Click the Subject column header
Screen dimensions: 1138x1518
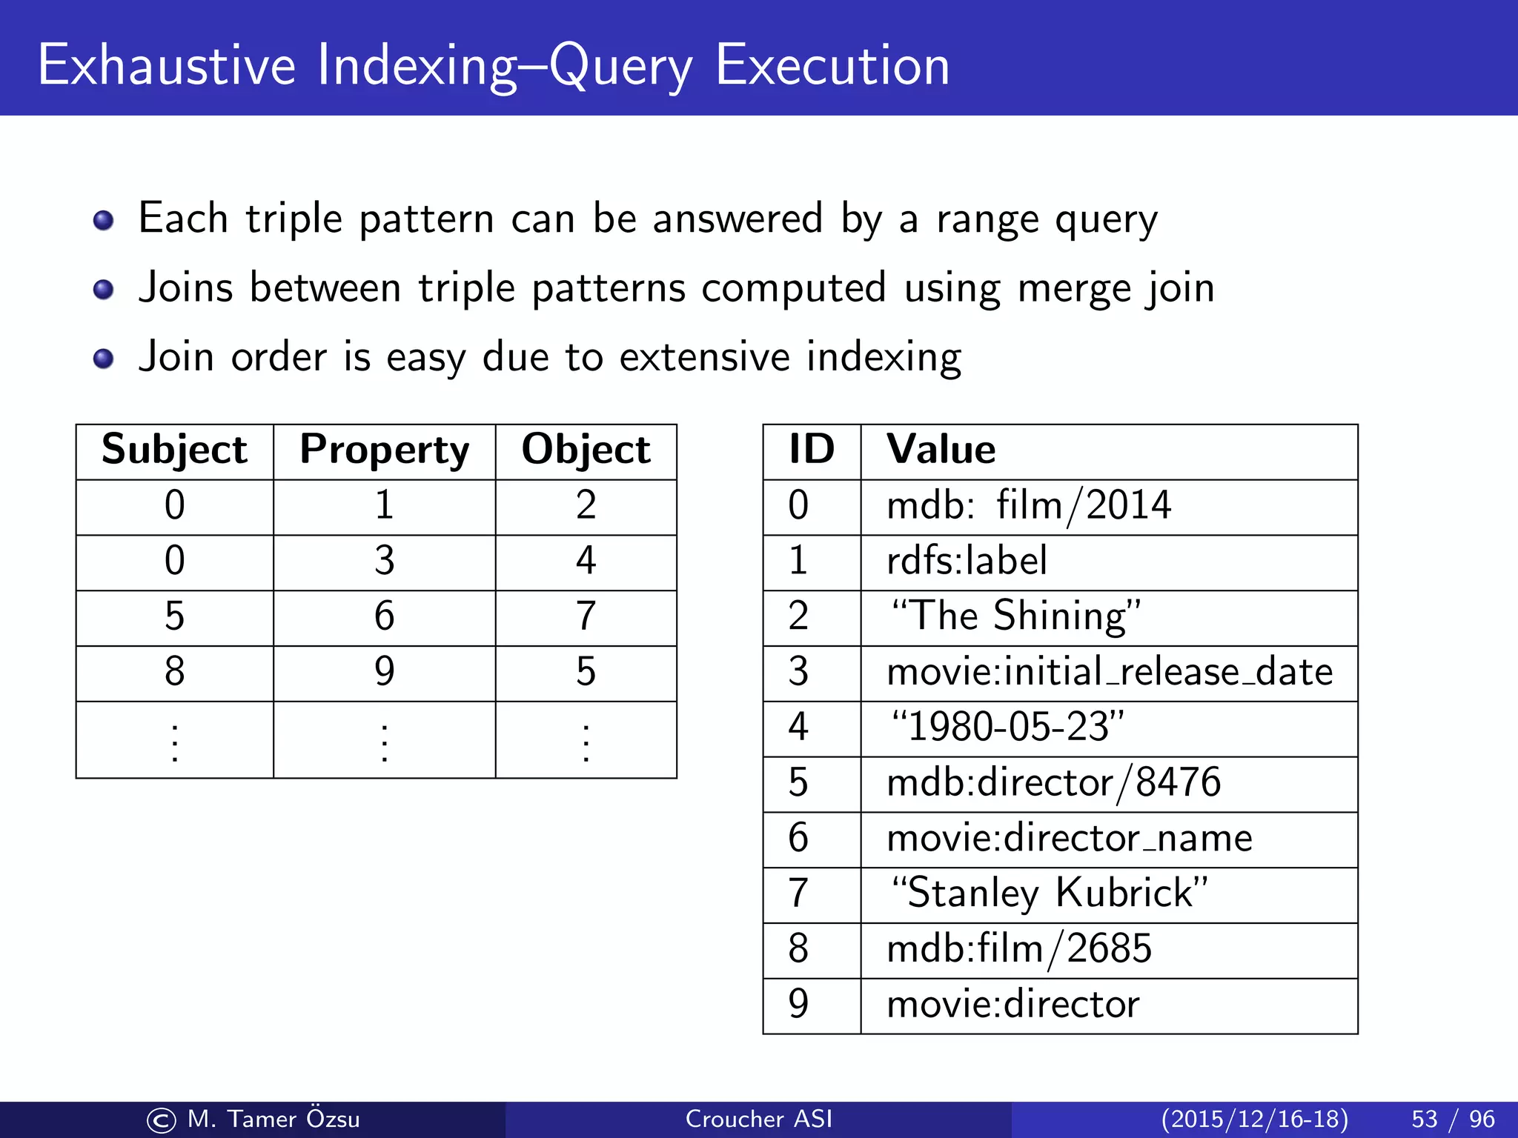click(174, 450)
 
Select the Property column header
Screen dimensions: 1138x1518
click(384, 450)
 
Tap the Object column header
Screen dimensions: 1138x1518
click(586, 450)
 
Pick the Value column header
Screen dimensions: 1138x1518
click(941, 450)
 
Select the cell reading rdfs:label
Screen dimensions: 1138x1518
click(967, 560)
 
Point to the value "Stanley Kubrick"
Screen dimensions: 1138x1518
click(1050, 893)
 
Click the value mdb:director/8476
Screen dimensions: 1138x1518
click(1053, 782)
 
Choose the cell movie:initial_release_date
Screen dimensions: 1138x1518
click(1110, 672)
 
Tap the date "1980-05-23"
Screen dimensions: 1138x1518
click(1008, 727)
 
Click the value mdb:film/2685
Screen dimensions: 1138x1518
click(1019, 948)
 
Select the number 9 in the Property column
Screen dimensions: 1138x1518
click(384, 671)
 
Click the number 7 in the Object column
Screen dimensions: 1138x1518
click(586, 616)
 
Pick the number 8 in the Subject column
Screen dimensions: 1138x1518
click(174, 671)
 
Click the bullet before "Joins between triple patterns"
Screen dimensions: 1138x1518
click(104, 289)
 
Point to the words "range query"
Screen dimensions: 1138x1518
click(1046, 220)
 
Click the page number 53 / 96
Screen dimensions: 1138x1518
click(1453, 1119)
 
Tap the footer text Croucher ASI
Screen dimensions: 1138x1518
click(758, 1119)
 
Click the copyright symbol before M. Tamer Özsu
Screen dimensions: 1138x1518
click(161, 1120)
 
